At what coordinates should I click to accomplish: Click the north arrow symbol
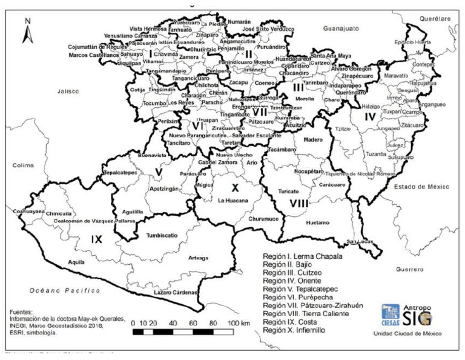click(27, 32)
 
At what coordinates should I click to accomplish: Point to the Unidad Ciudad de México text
click(408, 334)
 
